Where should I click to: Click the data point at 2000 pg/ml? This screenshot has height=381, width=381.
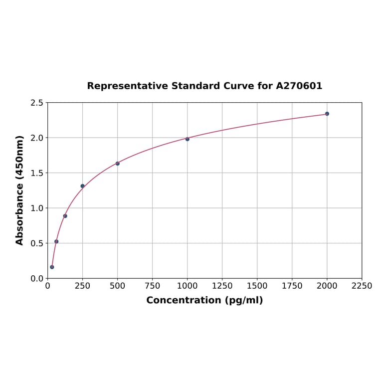click(x=327, y=114)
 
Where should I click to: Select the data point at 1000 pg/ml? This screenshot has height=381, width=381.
click(x=188, y=139)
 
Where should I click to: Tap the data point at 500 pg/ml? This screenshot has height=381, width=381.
click(x=118, y=164)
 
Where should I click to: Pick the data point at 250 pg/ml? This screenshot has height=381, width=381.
click(x=83, y=186)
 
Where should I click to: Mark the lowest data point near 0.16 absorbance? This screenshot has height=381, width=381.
click(x=52, y=267)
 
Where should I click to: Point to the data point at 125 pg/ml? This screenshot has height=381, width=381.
click(x=65, y=216)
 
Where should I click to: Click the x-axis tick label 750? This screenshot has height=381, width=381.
click(x=153, y=286)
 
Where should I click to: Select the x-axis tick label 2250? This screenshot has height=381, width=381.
click(x=362, y=286)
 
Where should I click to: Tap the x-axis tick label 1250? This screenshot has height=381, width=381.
click(x=222, y=286)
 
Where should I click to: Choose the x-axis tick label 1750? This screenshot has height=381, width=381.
click(x=292, y=286)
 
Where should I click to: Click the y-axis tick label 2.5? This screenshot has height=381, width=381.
click(x=37, y=103)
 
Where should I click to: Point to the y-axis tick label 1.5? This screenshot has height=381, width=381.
click(x=37, y=173)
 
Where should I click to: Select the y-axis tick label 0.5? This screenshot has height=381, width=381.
click(x=37, y=243)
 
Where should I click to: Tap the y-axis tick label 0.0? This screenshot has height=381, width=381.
click(x=37, y=278)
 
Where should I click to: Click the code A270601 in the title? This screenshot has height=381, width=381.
click(x=299, y=86)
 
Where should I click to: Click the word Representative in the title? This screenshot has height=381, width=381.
click(x=128, y=86)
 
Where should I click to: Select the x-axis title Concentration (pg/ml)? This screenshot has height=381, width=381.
click(x=204, y=300)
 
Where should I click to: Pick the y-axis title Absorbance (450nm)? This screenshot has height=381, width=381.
click(x=20, y=190)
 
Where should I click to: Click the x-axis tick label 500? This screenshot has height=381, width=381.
click(x=118, y=286)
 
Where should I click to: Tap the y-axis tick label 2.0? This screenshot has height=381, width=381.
click(x=37, y=138)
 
